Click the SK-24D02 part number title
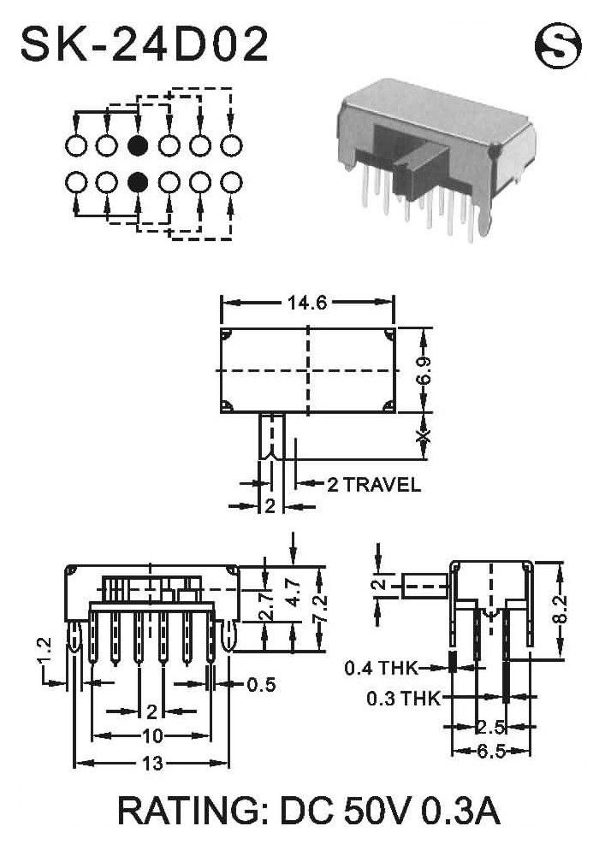[145, 44]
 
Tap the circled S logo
[558, 46]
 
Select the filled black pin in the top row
[138, 145]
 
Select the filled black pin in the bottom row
[138, 182]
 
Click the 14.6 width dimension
[307, 303]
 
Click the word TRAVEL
[382, 485]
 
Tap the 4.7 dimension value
[294, 593]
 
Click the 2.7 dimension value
[266, 605]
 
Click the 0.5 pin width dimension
[261, 685]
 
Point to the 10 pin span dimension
[152, 735]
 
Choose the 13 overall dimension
[152, 763]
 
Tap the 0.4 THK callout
[381, 668]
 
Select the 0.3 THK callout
[404, 699]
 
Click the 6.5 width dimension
[491, 751]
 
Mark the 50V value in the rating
[377, 812]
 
